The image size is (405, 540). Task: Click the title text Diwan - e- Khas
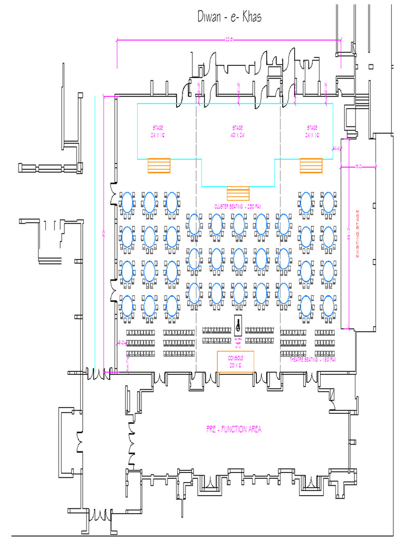point(229,17)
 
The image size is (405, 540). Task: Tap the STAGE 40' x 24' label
point(238,131)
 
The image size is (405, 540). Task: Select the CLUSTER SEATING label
point(238,206)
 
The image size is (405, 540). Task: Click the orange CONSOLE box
point(235,362)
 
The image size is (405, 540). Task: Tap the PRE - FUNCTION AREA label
point(234,429)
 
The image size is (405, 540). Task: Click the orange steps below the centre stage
point(238,193)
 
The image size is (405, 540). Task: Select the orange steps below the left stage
point(159,166)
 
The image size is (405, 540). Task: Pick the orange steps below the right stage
point(311,166)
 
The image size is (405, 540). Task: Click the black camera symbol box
point(238,323)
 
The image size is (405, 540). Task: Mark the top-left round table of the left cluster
point(127,202)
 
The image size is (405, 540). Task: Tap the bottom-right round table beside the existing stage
point(328,306)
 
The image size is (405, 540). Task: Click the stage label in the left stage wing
point(159,131)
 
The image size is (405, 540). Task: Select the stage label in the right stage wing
point(312,131)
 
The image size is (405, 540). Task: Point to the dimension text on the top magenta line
point(229,38)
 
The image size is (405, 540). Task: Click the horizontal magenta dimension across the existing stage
point(359,167)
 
